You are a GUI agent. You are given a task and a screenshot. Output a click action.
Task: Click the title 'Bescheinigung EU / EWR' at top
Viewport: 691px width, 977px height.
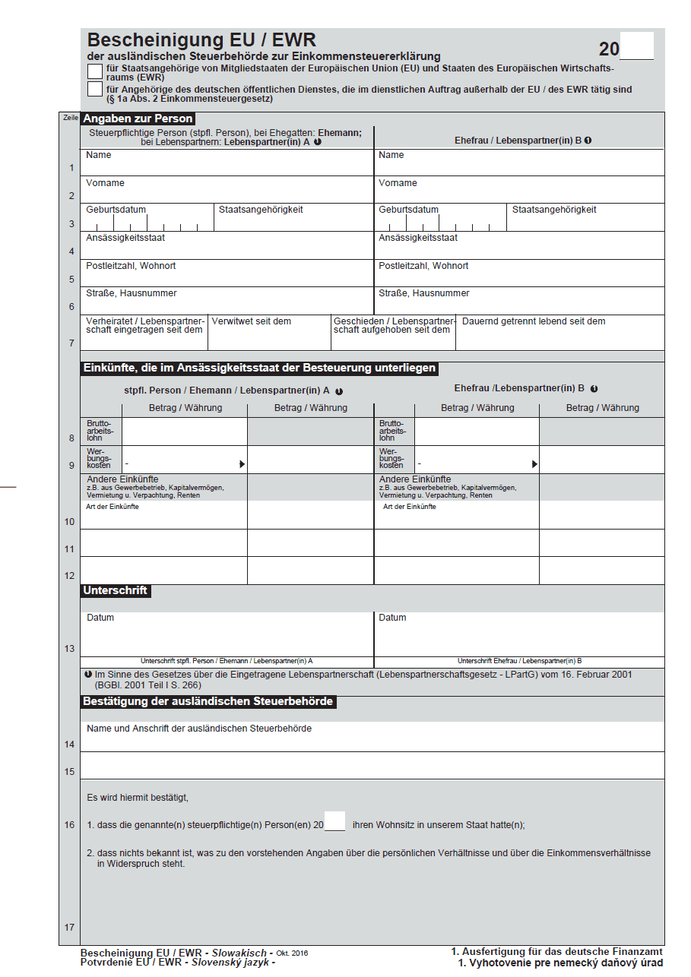click(x=201, y=40)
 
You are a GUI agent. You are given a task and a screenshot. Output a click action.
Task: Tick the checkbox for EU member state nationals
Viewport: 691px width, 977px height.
click(x=95, y=71)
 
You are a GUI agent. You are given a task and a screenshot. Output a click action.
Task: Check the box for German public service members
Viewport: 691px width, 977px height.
click(x=95, y=90)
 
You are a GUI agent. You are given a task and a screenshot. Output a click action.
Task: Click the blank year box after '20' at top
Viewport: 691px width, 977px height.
click(x=637, y=46)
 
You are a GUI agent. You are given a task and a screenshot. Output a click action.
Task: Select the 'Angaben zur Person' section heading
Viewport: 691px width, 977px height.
click(x=138, y=119)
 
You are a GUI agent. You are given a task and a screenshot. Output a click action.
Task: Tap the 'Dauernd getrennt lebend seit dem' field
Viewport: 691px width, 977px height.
click(x=559, y=333)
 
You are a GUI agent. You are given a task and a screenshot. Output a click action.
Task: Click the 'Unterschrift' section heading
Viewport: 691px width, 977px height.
click(x=116, y=590)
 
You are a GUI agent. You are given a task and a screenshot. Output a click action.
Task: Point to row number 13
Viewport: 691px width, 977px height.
click(x=70, y=649)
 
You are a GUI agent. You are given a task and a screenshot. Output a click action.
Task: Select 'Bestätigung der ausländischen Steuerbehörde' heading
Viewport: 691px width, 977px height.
click(x=208, y=701)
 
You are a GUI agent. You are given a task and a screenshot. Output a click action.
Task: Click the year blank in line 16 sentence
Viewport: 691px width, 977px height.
click(x=334, y=822)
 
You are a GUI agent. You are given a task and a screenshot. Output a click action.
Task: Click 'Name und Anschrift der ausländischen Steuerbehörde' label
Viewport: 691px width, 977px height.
click(x=199, y=729)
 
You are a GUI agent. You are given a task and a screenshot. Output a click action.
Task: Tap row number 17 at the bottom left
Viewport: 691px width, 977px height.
click(x=70, y=927)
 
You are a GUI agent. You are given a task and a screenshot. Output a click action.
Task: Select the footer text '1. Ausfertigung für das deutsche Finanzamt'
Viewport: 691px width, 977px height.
click(x=556, y=951)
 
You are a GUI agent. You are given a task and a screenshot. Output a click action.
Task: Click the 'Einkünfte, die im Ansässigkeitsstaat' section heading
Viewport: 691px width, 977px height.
click(x=259, y=368)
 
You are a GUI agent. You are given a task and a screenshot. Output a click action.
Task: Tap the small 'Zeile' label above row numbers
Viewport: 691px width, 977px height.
click(x=70, y=119)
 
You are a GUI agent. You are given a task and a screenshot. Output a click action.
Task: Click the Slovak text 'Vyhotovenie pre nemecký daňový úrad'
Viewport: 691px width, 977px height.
click(x=567, y=963)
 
